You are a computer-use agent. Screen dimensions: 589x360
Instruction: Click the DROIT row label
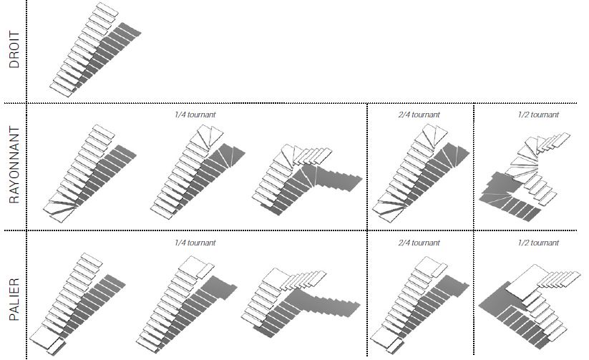click(x=14, y=49)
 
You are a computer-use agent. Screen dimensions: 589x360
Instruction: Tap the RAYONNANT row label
click(x=14, y=165)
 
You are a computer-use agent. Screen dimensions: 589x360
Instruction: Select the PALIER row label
click(x=14, y=299)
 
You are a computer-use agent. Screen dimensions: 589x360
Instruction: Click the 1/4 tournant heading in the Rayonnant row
click(x=195, y=115)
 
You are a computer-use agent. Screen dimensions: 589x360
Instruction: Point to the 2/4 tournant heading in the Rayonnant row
click(x=419, y=115)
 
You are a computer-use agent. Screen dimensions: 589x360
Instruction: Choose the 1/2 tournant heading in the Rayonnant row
click(x=538, y=115)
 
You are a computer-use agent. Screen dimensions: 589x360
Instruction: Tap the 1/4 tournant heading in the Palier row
click(x=195, y=243)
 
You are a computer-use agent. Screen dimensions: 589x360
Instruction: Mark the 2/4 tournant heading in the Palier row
click(x=419, y=243)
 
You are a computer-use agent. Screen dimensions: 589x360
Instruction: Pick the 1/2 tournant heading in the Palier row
click(x=538, y=243)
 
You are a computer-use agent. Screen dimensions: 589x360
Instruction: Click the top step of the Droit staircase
click(x=107, y=9)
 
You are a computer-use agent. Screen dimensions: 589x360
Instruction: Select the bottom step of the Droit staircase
click(x=61, y=90)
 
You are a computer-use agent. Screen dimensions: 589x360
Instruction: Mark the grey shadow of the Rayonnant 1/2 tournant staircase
click(x=507, y=195)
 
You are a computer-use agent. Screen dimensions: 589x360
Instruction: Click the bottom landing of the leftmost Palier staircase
click(x=44, y=336)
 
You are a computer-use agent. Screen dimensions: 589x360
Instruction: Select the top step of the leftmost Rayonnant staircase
click(x=103, y=132)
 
